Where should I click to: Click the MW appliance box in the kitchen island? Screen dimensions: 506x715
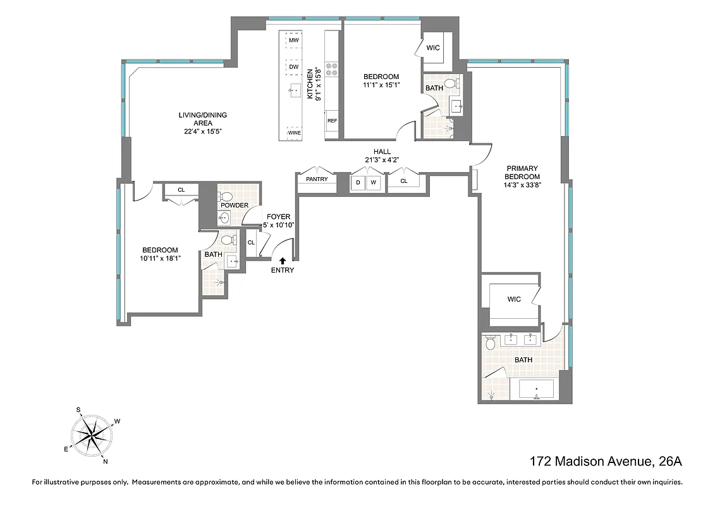pyautogui.click(x=293, y=40)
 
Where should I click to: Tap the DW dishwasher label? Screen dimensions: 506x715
pyautogui.click(x=293, y=66)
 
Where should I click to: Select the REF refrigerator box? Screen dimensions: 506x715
pyautogui.click(x=332, y=120)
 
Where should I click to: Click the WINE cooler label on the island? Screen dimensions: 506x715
pyautogui.click(x=294, y=133)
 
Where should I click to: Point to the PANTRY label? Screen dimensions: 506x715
pyautogui.click(x=317, y=179)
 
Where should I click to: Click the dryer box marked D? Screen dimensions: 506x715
pyautogui.click(x=358, y=183)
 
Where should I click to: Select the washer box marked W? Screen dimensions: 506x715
pyautogui.click(x=374, y=183)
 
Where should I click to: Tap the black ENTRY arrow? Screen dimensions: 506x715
pyautogui.click(x=283, y=259)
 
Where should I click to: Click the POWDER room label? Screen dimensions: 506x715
pyautogui.click(x=234, y=205)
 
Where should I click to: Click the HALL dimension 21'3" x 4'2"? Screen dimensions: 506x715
pyautogui.click(x=382, y=159)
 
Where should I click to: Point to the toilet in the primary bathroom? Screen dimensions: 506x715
pyautogui.click(x=490, y=343)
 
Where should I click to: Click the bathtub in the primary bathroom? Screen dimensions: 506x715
pyautogui.click(x=536, y=388)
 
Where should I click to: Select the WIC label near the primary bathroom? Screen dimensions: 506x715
pyautogui.click(x=514, y=299)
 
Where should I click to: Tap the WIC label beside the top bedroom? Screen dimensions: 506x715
pyautogui.click(x=433, y=47)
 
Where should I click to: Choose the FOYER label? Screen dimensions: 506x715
pyautogui.click(x=278, y=217)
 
